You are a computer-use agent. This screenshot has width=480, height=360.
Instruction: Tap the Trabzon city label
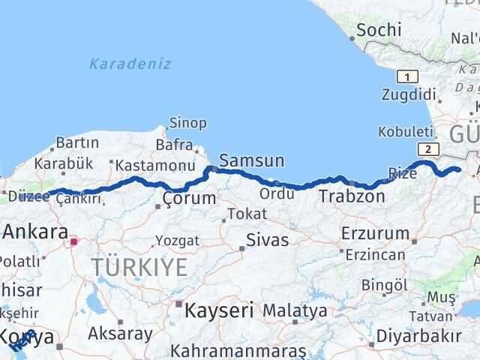(x=352, y=197)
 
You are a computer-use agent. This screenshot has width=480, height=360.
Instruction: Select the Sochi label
(x=379, y=31)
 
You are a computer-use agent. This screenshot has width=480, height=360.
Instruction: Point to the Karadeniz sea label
(x=130, y=64)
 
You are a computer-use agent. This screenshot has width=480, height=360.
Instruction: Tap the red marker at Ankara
(x=73, y=242)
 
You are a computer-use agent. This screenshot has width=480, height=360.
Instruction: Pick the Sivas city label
(x=268, y=242)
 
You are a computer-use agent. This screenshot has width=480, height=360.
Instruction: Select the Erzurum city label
(x=375, y=232)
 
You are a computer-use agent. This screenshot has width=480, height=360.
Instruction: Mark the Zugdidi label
(x=409, y=94)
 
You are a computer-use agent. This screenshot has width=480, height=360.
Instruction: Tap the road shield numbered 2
(x=427, y=149)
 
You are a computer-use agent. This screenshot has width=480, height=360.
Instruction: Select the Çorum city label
(x=190, y=199)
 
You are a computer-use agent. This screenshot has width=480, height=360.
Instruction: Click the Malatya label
(x=295, y=310)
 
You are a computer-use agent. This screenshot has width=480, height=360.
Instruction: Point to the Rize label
(x=402, y=174)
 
